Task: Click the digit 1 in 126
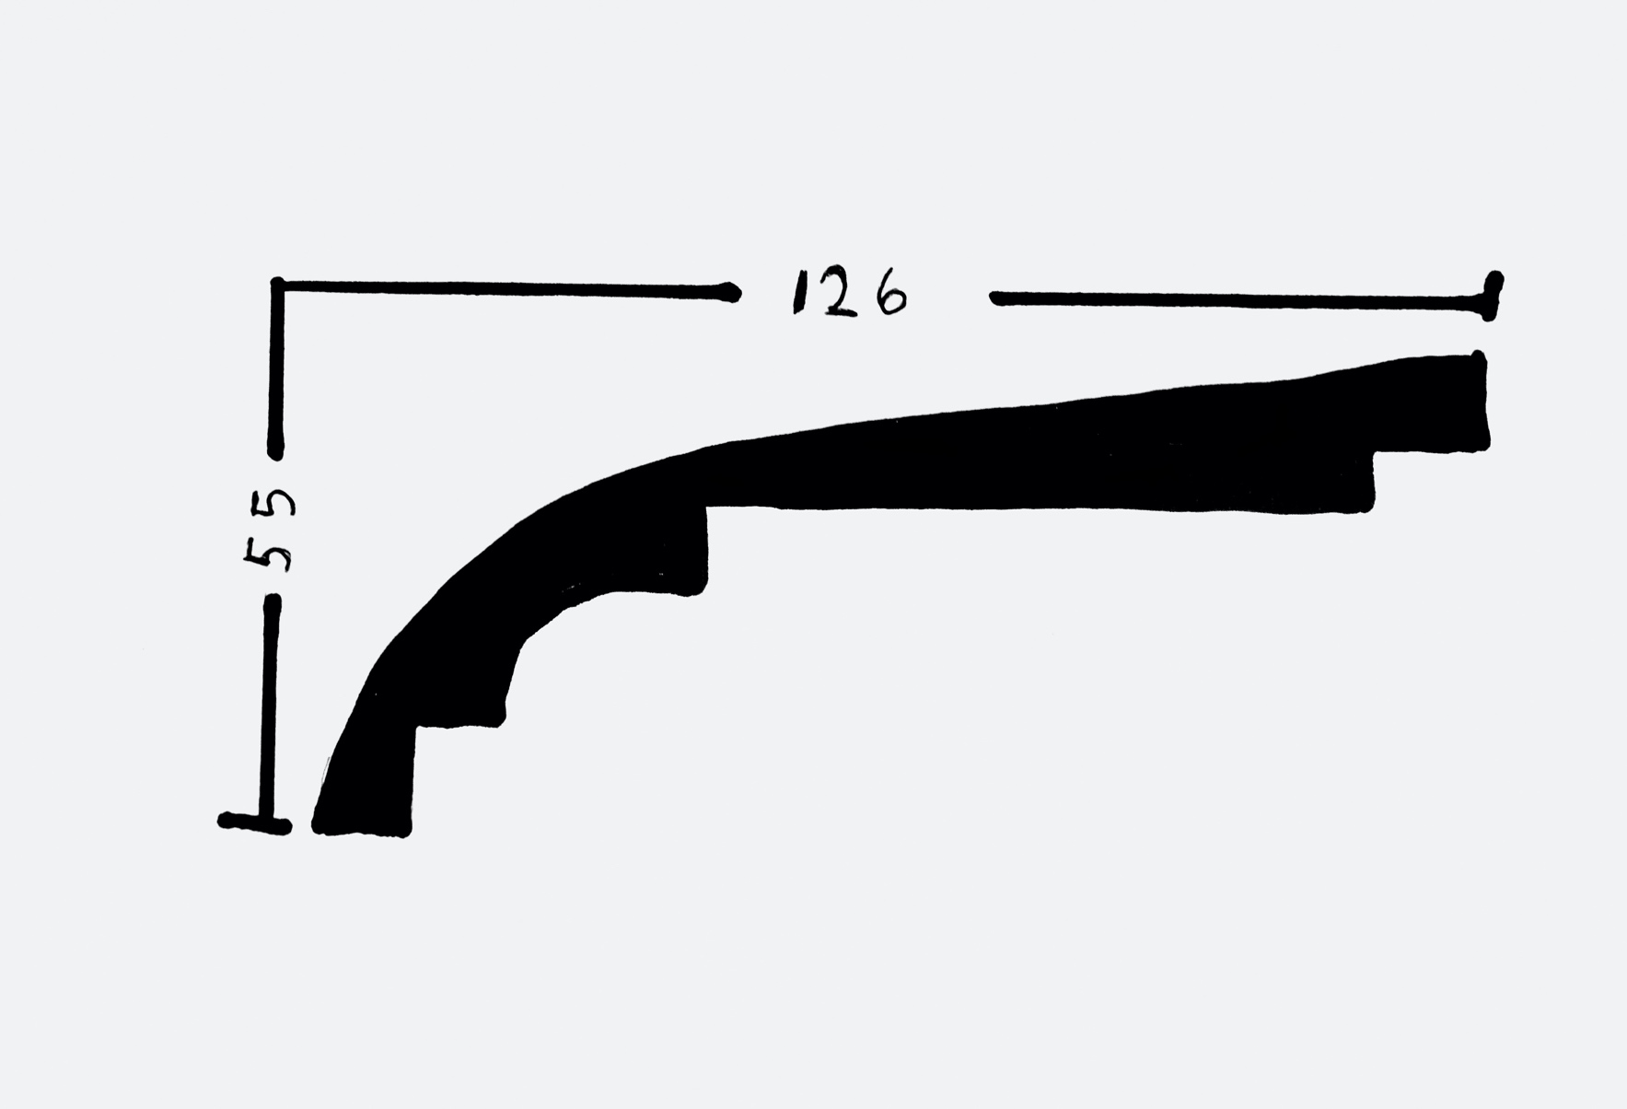click(x=796, y=294)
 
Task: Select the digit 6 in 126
click(x=889, y=293)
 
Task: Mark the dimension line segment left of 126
click(x=506, y=289)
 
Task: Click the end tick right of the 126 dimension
click(x=1492, y=296)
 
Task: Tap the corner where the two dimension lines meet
click(x=277, y=285)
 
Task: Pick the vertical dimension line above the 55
click(x=276, y=368)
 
